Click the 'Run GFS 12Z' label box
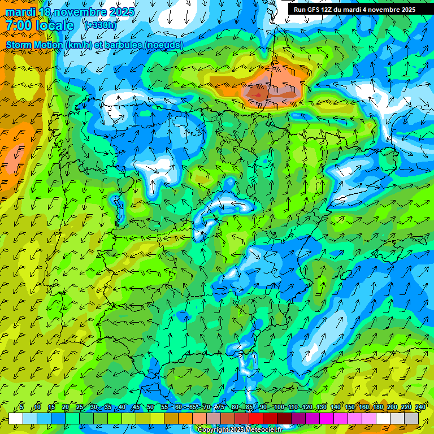[354, 9]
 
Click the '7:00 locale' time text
[40, 25]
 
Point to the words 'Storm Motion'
[34, 45]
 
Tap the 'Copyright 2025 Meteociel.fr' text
[240, 430]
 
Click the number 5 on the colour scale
[21, 407]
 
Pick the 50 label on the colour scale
[150, 407]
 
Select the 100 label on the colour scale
[279, 407]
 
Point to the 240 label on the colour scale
[420, 407]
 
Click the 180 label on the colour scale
[377, 407]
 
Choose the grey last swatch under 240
[411, 419]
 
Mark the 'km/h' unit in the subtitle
[79, 45]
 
